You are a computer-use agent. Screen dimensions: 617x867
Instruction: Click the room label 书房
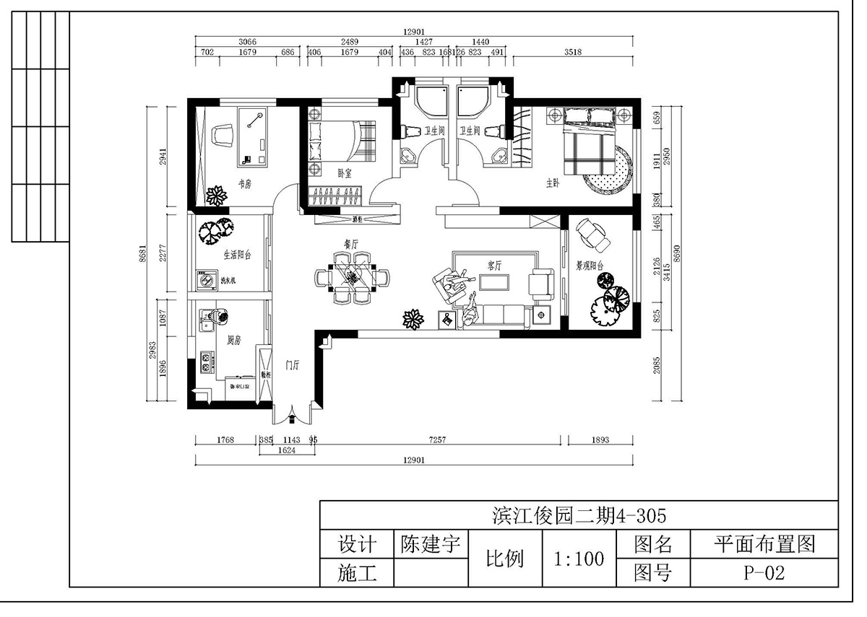point(243,185)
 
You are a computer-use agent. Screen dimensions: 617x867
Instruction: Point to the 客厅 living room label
point(494,266)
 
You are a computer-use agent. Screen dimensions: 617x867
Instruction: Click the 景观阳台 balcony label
point(590,266)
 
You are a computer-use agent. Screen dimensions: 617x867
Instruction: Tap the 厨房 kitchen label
point(233,339)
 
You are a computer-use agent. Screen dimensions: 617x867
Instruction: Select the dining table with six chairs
point(352,276)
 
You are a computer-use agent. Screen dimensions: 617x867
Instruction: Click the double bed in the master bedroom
point(589,141)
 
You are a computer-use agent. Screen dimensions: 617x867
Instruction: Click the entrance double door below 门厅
point(292,415)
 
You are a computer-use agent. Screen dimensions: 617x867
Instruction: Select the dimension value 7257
point(441,439)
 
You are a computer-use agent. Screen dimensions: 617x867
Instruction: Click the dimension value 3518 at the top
point(572,52)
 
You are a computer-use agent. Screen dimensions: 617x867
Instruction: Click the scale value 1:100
point(578,559)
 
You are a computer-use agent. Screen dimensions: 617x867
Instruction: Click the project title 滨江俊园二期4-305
point(577,515)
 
